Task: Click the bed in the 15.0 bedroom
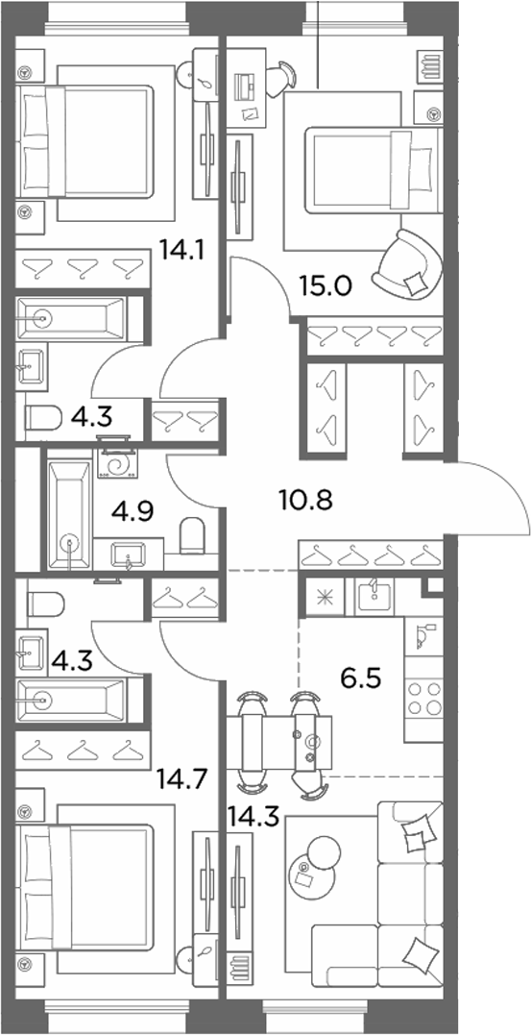click(x=374, y=170)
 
